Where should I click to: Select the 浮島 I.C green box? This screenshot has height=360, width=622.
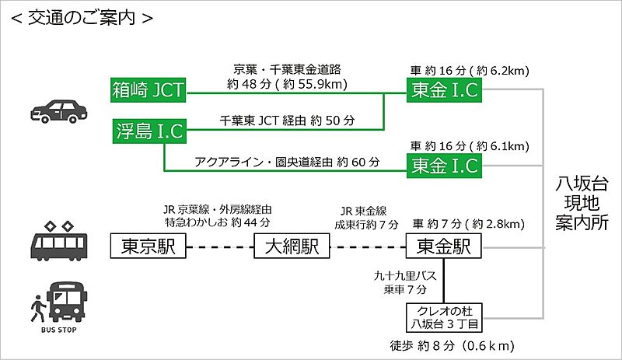click(x=149, y=131)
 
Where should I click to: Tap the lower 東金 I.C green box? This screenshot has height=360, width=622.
click(x=444, y=165)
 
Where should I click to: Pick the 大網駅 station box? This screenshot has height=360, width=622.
click(x=292, y=248)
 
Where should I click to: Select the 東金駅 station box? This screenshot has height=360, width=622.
click(x=444, y=248)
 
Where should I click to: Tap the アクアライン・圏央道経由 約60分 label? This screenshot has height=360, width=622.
click(x=287, y=162)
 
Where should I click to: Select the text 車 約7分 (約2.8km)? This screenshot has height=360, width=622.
click(x=468, y=224)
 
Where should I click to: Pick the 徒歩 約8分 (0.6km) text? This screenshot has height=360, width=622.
click(x=451, y=344)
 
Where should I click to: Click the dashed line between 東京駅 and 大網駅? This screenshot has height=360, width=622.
click(x=220, y=249)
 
